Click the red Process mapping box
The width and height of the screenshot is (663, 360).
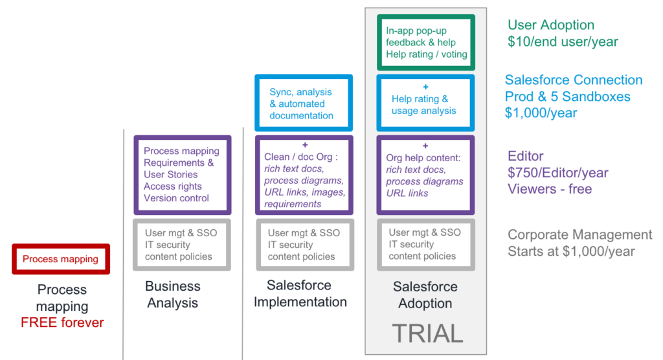(61, 259)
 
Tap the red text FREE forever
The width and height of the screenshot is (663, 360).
(62, 322)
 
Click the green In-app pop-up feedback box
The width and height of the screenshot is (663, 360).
(425, 43)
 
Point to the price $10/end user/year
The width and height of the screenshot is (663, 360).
(563, 42)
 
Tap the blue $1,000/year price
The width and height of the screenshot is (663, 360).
(541, 113)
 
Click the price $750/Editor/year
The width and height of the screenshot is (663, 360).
(558, 173)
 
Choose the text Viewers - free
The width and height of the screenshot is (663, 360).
(550, 189)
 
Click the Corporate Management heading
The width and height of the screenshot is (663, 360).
(579, 235)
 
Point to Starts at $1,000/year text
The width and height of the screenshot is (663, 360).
(571, 251)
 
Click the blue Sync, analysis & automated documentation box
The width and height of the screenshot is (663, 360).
(304, 104)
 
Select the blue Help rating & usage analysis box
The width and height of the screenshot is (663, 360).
(425, 104)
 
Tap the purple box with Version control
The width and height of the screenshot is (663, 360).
(182, 175)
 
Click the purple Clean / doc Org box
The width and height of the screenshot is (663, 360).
(304, 175)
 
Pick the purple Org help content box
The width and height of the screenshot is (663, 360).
(425, 175)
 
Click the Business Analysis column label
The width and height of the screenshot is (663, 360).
(172, 295)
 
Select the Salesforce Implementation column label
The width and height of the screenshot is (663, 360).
(300, 293)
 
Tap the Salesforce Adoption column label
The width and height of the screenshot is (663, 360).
(425, 295)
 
